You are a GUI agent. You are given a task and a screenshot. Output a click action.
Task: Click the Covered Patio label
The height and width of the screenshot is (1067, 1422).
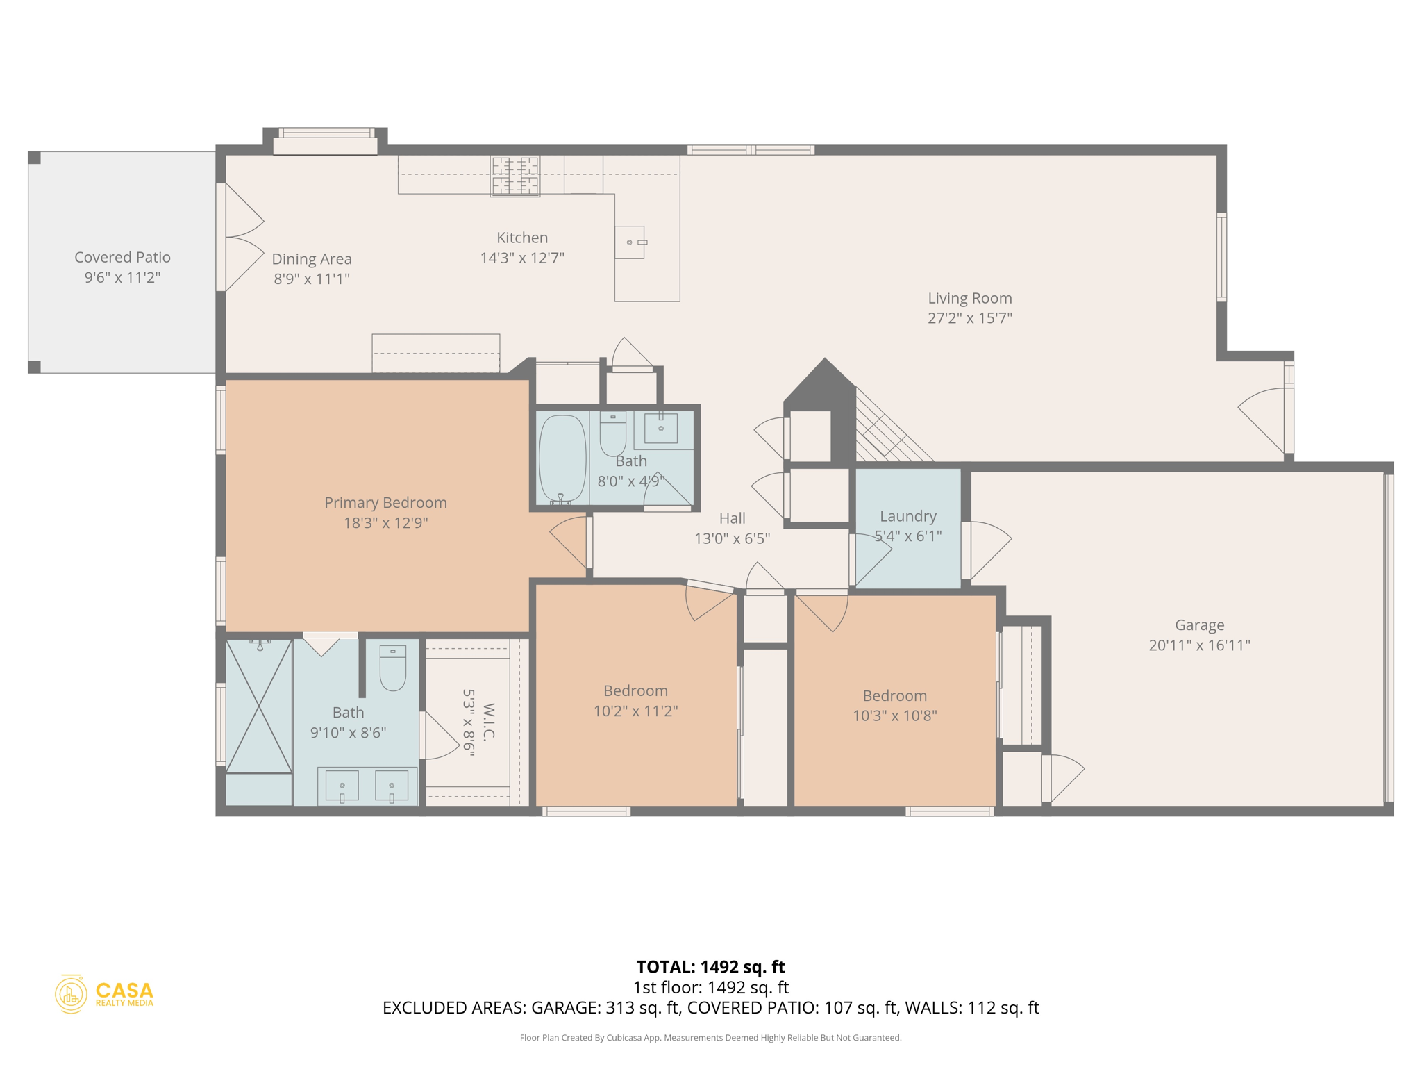coord(122,258)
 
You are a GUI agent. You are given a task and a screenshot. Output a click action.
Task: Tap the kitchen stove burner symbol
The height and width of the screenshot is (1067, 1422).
coord(515,176)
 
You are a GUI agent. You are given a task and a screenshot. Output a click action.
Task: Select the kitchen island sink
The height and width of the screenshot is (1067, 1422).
coord(630,242)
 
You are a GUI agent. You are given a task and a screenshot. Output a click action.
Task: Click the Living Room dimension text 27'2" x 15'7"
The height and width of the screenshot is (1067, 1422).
coord(969,318)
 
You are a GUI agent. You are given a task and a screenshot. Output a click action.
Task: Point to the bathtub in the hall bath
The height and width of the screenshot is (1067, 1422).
coord(562,458)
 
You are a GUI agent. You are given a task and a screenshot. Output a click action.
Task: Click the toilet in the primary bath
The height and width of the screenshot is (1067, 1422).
coord(392,668)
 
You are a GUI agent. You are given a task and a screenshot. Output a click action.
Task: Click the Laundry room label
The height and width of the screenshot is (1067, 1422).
coord(907,516)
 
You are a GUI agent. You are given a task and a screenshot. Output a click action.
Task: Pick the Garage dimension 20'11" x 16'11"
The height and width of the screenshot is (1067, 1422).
coord(1199,645)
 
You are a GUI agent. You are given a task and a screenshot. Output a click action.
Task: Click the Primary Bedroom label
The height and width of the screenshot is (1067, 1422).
coord(385,503)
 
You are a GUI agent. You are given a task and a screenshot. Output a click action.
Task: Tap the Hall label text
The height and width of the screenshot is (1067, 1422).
coord(732,518)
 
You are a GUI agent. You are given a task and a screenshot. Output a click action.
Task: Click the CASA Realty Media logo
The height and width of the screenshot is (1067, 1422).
coord(104,994)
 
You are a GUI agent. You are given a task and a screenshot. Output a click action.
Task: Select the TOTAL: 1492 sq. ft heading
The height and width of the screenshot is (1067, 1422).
coord(710,967)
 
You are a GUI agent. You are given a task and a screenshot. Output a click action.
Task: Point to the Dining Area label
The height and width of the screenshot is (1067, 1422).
coord(311,259)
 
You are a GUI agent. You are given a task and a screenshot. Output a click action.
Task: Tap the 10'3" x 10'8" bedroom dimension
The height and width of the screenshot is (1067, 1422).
coord(894,716)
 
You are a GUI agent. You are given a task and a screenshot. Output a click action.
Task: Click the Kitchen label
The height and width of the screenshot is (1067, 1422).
coord(521,238)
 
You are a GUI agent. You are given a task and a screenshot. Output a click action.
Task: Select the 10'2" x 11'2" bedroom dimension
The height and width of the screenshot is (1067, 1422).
coord(635,711)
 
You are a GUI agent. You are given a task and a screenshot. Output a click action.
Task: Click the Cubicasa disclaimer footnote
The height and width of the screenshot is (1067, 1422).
coord(710,1038)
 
